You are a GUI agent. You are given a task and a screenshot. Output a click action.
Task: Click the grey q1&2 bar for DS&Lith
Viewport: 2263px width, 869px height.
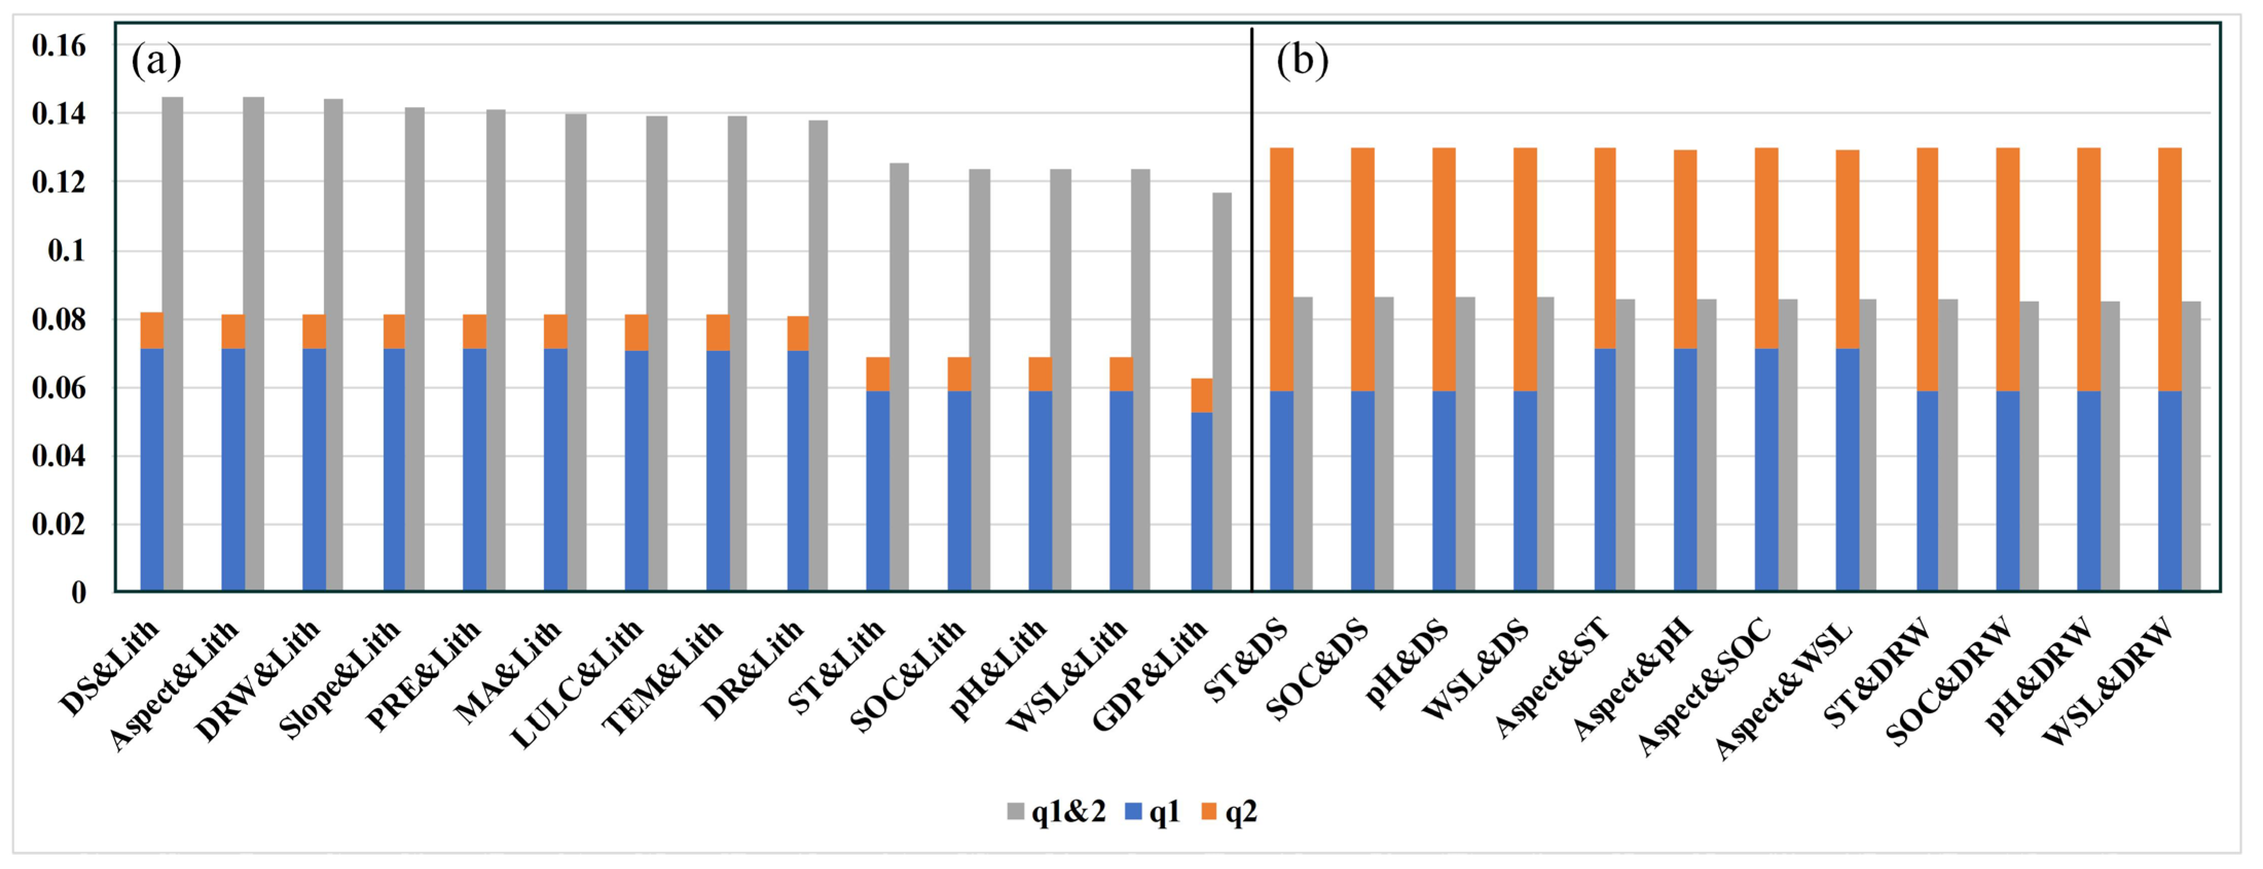(173, 343)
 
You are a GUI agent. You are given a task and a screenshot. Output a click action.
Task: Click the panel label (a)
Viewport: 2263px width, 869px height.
(156, 62)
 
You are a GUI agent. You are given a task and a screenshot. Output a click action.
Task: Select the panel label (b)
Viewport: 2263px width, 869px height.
(1302, 62)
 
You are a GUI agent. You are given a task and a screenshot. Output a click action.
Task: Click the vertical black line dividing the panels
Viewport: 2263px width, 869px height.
(1252, 308)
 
